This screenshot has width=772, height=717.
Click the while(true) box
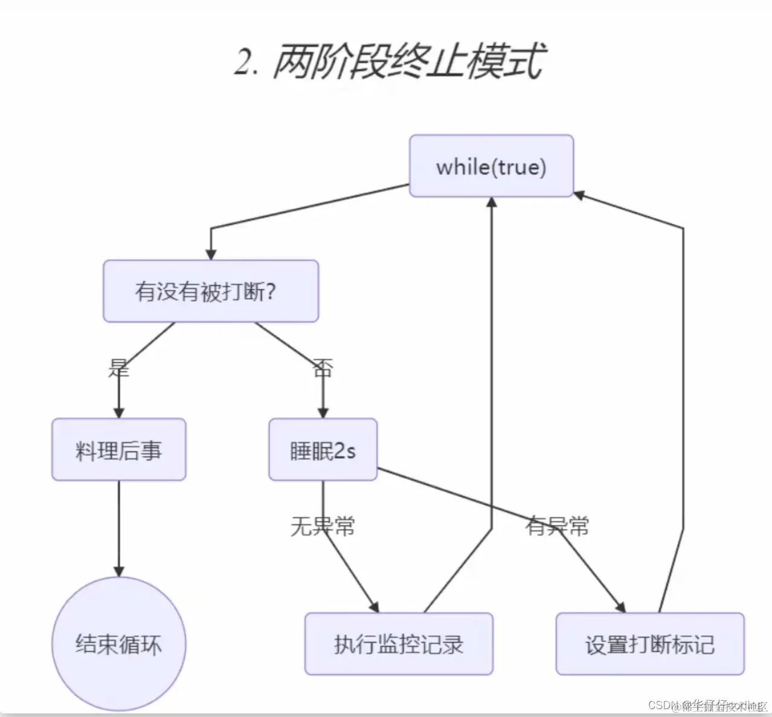point(491,166)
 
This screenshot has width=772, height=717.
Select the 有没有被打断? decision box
point(210,291)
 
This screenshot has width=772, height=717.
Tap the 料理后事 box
point(118,450)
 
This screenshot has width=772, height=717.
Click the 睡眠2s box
point(323,450)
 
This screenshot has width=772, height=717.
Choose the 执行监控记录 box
point(399,644)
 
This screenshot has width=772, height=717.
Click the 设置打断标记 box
point(649,644)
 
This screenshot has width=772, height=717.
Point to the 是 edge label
point(118,367)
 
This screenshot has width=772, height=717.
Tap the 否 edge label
point(323,367)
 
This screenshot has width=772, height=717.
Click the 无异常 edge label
point(323,526)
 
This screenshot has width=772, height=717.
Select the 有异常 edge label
point(557,526)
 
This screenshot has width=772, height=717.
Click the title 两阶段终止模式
point(408,62)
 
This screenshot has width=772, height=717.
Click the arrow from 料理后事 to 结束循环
point(118,526)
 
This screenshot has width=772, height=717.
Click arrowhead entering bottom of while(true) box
point(492,203)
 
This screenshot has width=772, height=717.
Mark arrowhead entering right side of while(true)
point(579,195)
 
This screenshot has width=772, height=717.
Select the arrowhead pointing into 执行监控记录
point(375,607)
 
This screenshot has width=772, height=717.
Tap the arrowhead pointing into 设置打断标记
point(620,607)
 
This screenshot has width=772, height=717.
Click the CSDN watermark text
point(707,706)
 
